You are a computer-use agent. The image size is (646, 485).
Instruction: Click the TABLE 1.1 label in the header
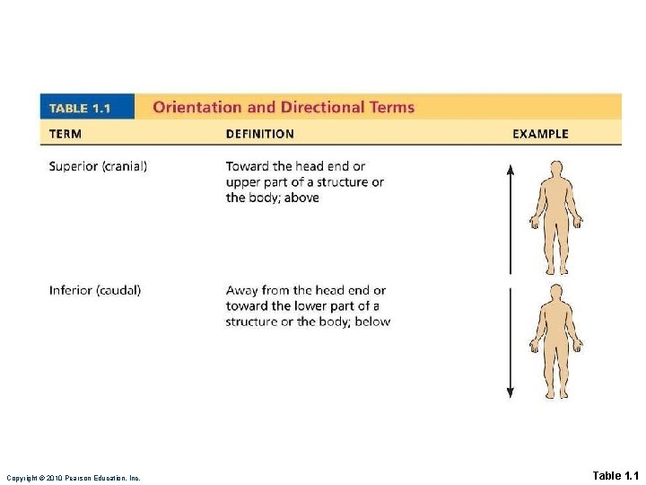click(x=80, y=108)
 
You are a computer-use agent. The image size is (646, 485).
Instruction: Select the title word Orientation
click(x=196, y=107)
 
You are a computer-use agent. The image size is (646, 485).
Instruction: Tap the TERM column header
click(x=65, y=134)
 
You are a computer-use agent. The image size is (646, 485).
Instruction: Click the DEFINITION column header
click(x=259, y=134)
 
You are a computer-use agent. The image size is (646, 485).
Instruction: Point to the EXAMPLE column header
click(x=540, y=134)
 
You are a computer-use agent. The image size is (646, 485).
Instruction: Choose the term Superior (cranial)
click(x=99, y=166)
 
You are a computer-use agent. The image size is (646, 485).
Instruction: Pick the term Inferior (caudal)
click(x=95, y=290)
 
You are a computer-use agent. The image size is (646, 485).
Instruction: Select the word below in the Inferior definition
click(x=372, y=322)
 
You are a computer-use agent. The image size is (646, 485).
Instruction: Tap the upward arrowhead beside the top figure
click(x=511, y=168)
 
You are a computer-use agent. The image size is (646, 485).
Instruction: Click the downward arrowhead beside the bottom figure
click(x=511, y=392)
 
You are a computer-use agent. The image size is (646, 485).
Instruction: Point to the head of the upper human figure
click(x=556, y=168)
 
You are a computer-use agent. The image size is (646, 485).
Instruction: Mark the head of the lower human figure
click(x=556, y=292)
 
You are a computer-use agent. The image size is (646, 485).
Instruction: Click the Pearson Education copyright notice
click(x=74, y=477)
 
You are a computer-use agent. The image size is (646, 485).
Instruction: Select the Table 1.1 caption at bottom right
click(x=615, y=475)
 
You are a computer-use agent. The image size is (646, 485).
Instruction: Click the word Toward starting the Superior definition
click(x=247, y=166)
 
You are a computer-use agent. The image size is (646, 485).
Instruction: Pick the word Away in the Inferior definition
click(x=242, y=290)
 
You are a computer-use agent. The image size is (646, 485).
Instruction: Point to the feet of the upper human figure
click(x=556, y=270)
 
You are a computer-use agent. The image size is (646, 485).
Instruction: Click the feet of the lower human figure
click(x=556, y=394)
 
